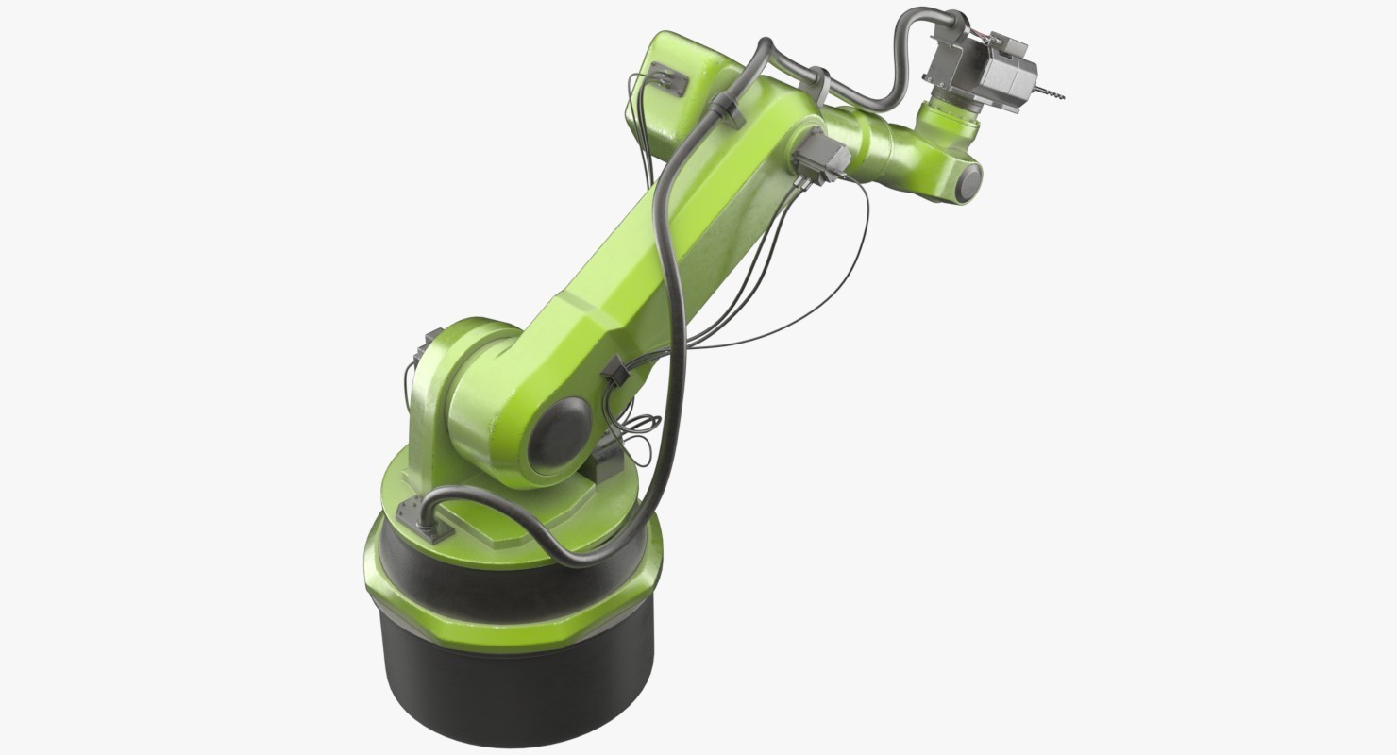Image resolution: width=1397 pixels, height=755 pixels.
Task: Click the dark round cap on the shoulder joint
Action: coord(558,433)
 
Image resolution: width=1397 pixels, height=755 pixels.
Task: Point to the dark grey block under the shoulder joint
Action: coord(604,462)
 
